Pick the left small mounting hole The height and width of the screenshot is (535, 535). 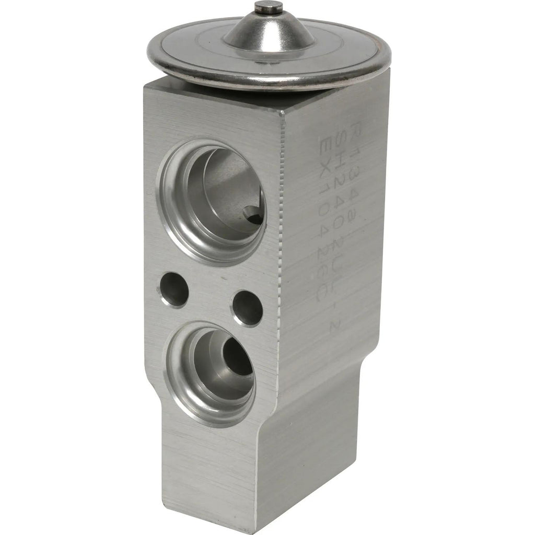(173, 289)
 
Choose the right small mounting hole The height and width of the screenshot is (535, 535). (247, 307)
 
